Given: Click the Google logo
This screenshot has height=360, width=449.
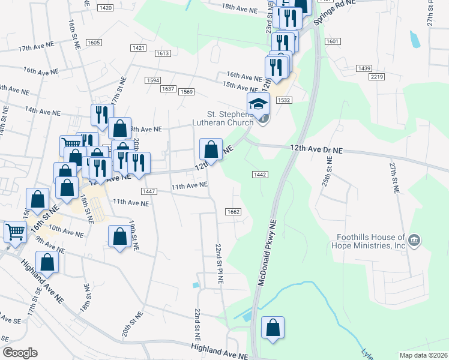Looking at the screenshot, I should point(20,353).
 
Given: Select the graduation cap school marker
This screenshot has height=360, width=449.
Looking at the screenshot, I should point(259,103).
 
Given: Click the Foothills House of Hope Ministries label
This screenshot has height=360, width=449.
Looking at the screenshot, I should point(367,241).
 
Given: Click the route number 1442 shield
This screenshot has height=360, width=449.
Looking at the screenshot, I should point(259,174).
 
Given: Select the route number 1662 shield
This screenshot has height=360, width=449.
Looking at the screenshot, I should point(234,212).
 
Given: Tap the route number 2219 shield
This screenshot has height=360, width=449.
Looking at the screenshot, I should point(377,77).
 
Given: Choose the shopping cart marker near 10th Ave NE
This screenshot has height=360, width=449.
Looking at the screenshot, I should point(15,231).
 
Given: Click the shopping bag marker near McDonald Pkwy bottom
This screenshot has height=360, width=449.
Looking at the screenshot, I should point(273,328).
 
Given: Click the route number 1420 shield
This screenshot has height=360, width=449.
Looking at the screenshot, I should point(105,7).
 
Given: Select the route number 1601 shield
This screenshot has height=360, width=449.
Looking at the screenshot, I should point(333,41).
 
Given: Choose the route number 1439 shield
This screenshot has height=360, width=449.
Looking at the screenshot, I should point(364,69).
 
